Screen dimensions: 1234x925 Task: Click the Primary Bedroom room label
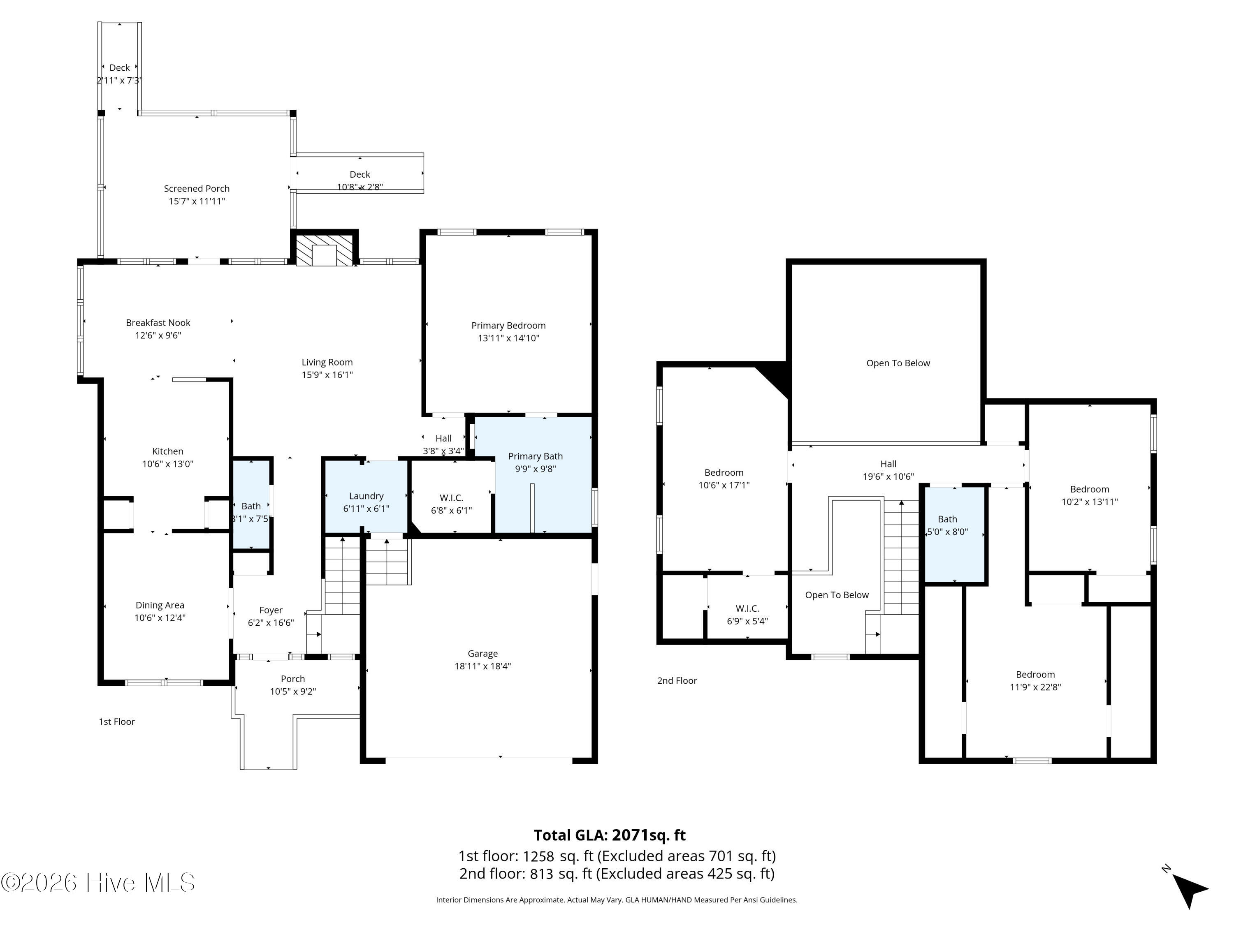508,326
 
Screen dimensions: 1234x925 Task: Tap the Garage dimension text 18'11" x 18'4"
482,666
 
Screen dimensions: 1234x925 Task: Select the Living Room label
327,363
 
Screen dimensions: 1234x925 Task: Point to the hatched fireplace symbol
324,250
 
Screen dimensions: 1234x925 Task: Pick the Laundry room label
366,496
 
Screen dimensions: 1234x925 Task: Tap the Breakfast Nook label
158,323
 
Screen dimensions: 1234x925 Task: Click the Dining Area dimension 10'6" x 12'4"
160,618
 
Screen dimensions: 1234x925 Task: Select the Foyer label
271,610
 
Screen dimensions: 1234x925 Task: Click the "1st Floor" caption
116,721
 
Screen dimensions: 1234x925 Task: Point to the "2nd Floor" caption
677,680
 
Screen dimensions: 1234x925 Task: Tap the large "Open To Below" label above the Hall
898,363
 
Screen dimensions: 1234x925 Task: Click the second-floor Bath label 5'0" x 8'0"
947,519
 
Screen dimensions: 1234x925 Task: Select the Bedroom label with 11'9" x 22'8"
1035,675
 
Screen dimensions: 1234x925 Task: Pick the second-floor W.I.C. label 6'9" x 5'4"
747,608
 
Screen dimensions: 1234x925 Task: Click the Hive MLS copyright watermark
98,883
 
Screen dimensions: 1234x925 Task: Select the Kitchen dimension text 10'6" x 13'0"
167,464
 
